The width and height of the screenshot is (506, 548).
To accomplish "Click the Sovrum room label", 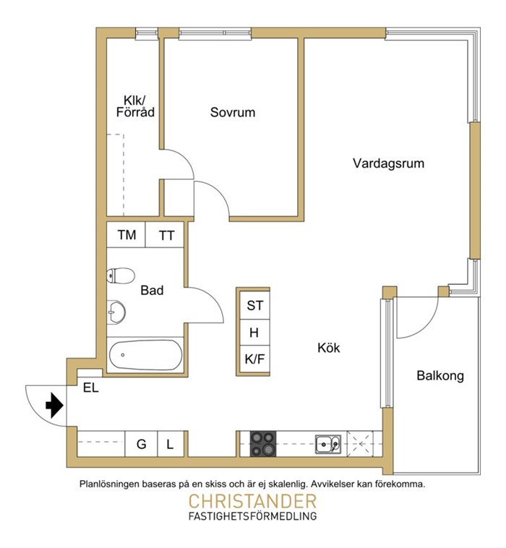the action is pyautogui.click(x=232, y=112).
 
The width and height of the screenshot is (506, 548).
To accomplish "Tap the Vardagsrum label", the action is pyautogui.click(x=388, y=163).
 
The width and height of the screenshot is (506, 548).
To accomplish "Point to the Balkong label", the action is pyautogui.click(x=440, y=376).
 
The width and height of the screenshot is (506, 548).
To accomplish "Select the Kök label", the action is pyautogui.click(x=328, y=348).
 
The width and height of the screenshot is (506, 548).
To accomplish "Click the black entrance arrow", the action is pyautogui.click(x=54, y=406).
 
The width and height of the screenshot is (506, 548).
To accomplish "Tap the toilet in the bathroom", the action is pyautogui.click(x=121, y=275).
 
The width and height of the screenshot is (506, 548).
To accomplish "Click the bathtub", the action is pyautogui.click(x=145, y=355).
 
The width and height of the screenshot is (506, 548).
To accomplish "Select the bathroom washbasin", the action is pyautogui.click(x=116, y=312).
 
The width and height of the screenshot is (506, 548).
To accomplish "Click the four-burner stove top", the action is pyautogui.click(x=263, y=444).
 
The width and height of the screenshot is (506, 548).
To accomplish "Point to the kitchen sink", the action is pyautogui.click(x=328, y=444).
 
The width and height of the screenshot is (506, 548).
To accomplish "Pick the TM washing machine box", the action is pyautogui.click(x=126, y=234).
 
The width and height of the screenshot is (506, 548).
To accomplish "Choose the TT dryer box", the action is pyautogui.click(x=164, y=234).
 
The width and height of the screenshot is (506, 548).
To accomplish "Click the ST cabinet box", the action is pyautogui.click(x=254, y=306).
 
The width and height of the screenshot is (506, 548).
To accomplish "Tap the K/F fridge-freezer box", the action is pyautogui.click(x=254, y=359).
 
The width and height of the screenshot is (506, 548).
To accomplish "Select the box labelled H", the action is pyautogui.click(x=254, y=333).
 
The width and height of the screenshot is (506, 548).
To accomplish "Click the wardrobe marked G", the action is pyautogui.click(x=141, y=444).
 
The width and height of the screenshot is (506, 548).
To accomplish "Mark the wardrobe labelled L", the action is pyautogui.click(x=171, y=444).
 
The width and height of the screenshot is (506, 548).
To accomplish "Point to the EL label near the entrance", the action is pyautogui.click(x=91, y=388).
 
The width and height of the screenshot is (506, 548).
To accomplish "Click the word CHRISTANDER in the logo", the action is pyautogui.click(x=252, y=502).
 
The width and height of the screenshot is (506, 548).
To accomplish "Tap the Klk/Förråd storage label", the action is pyautogui.click(x=135, y=106).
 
